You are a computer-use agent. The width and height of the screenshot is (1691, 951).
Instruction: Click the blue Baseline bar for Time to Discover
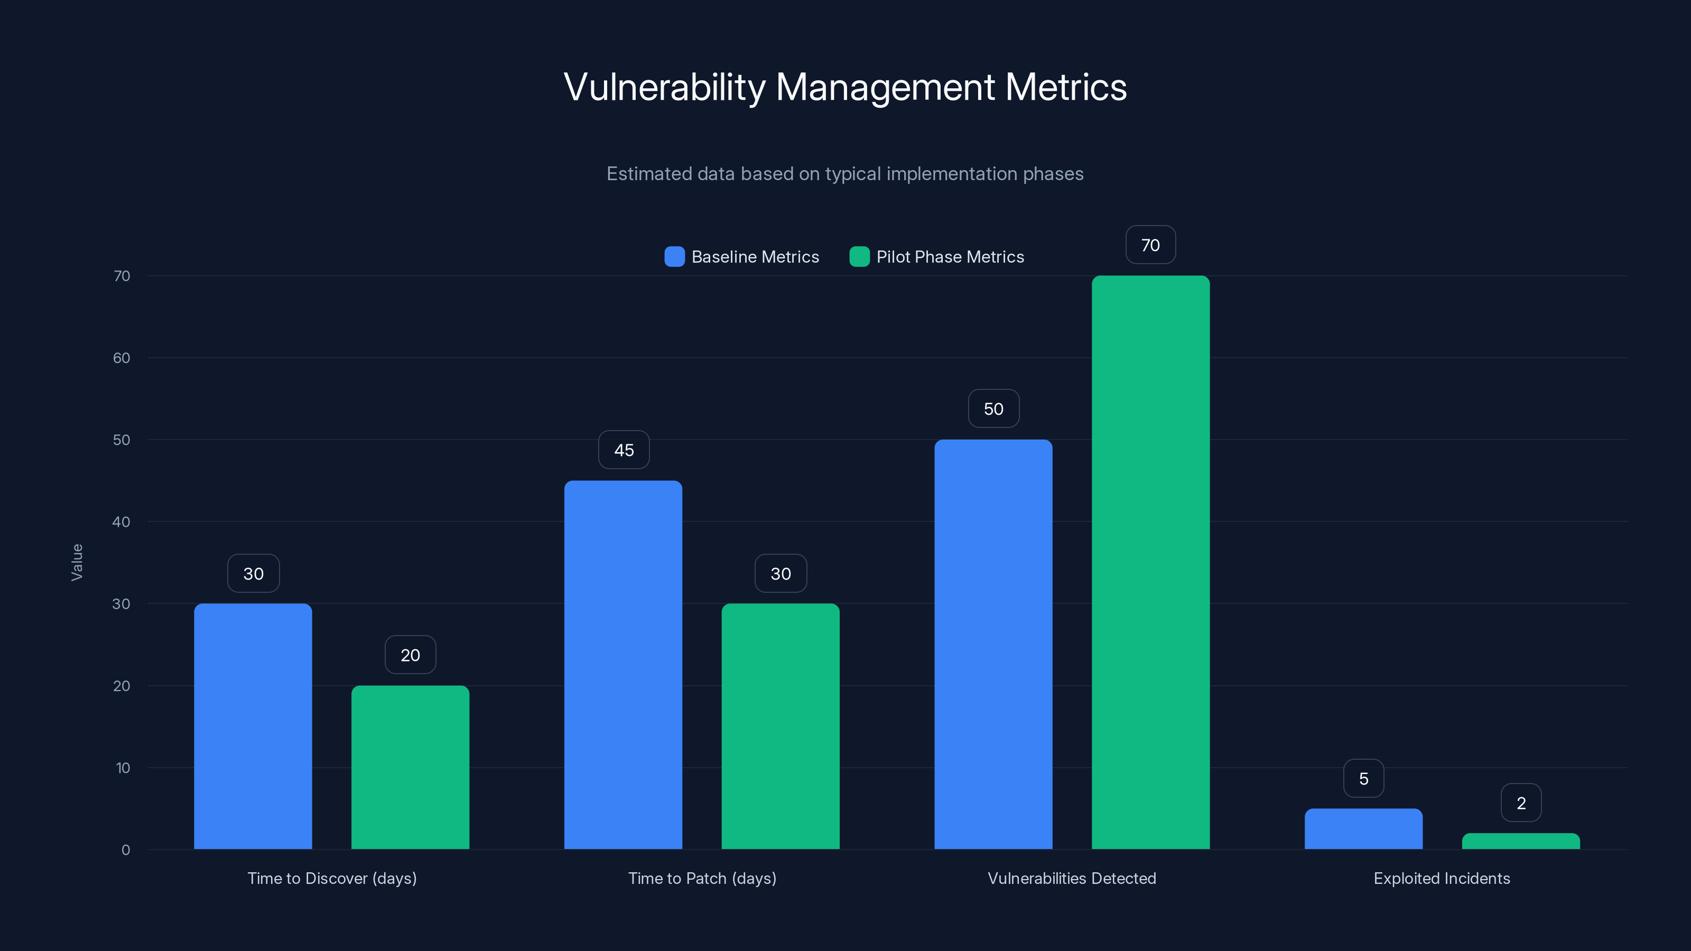coord(253,726)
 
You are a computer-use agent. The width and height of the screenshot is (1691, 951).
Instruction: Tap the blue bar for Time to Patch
coord(623,664)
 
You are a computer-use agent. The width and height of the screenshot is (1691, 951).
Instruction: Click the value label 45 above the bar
coord(624,450)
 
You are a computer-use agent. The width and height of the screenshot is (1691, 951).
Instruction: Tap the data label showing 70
coord(1150,245)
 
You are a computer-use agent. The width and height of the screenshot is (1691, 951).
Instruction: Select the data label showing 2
coord(1521,803)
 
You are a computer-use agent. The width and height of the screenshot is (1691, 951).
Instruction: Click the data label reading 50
coord(993,408)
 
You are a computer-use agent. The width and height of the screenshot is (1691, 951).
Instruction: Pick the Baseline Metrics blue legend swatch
coord(674,257)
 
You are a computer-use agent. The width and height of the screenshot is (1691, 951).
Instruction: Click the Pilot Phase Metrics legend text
coord(950,257)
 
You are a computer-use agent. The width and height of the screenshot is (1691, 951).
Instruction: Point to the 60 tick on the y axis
coord(122,358)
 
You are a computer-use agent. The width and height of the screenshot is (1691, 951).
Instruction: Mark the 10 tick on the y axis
coord(123,768)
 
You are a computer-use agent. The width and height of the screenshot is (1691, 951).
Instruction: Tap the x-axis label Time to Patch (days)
coord(702,878)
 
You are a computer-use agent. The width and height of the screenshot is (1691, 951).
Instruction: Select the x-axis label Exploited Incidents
coord(1442,878)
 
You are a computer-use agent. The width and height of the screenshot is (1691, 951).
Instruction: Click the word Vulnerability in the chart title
coord(664,87)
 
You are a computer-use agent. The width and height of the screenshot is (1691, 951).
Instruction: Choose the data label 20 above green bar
coord(410,655)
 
